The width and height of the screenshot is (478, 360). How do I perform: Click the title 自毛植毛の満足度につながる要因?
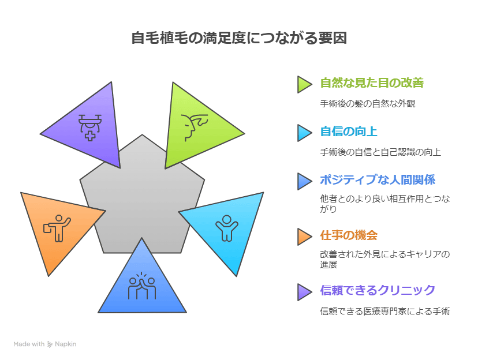click(239, 39)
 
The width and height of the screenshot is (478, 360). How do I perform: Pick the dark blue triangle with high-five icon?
click(142, 286)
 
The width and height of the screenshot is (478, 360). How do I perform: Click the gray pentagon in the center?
click(142, 196)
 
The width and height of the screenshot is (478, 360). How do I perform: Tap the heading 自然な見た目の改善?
click(372, 82)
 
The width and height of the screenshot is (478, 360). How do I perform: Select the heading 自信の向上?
click(349, 132)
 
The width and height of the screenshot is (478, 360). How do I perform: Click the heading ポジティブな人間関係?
click(378, 179)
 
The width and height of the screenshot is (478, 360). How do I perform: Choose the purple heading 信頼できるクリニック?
click(378, 290)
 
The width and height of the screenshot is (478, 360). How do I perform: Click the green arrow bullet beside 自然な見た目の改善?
click(304, 84)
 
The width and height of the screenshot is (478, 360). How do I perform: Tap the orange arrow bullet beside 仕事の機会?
click(304, 237)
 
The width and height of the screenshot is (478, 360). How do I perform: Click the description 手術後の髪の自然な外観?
click(368, 104)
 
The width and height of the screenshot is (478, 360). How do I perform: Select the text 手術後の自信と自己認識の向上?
click(380, 152)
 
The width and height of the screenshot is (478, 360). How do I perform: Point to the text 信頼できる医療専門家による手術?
click(385, 311)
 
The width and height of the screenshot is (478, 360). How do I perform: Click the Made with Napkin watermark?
click(45, 344)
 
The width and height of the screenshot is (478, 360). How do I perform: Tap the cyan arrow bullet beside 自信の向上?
click(304, 133)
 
